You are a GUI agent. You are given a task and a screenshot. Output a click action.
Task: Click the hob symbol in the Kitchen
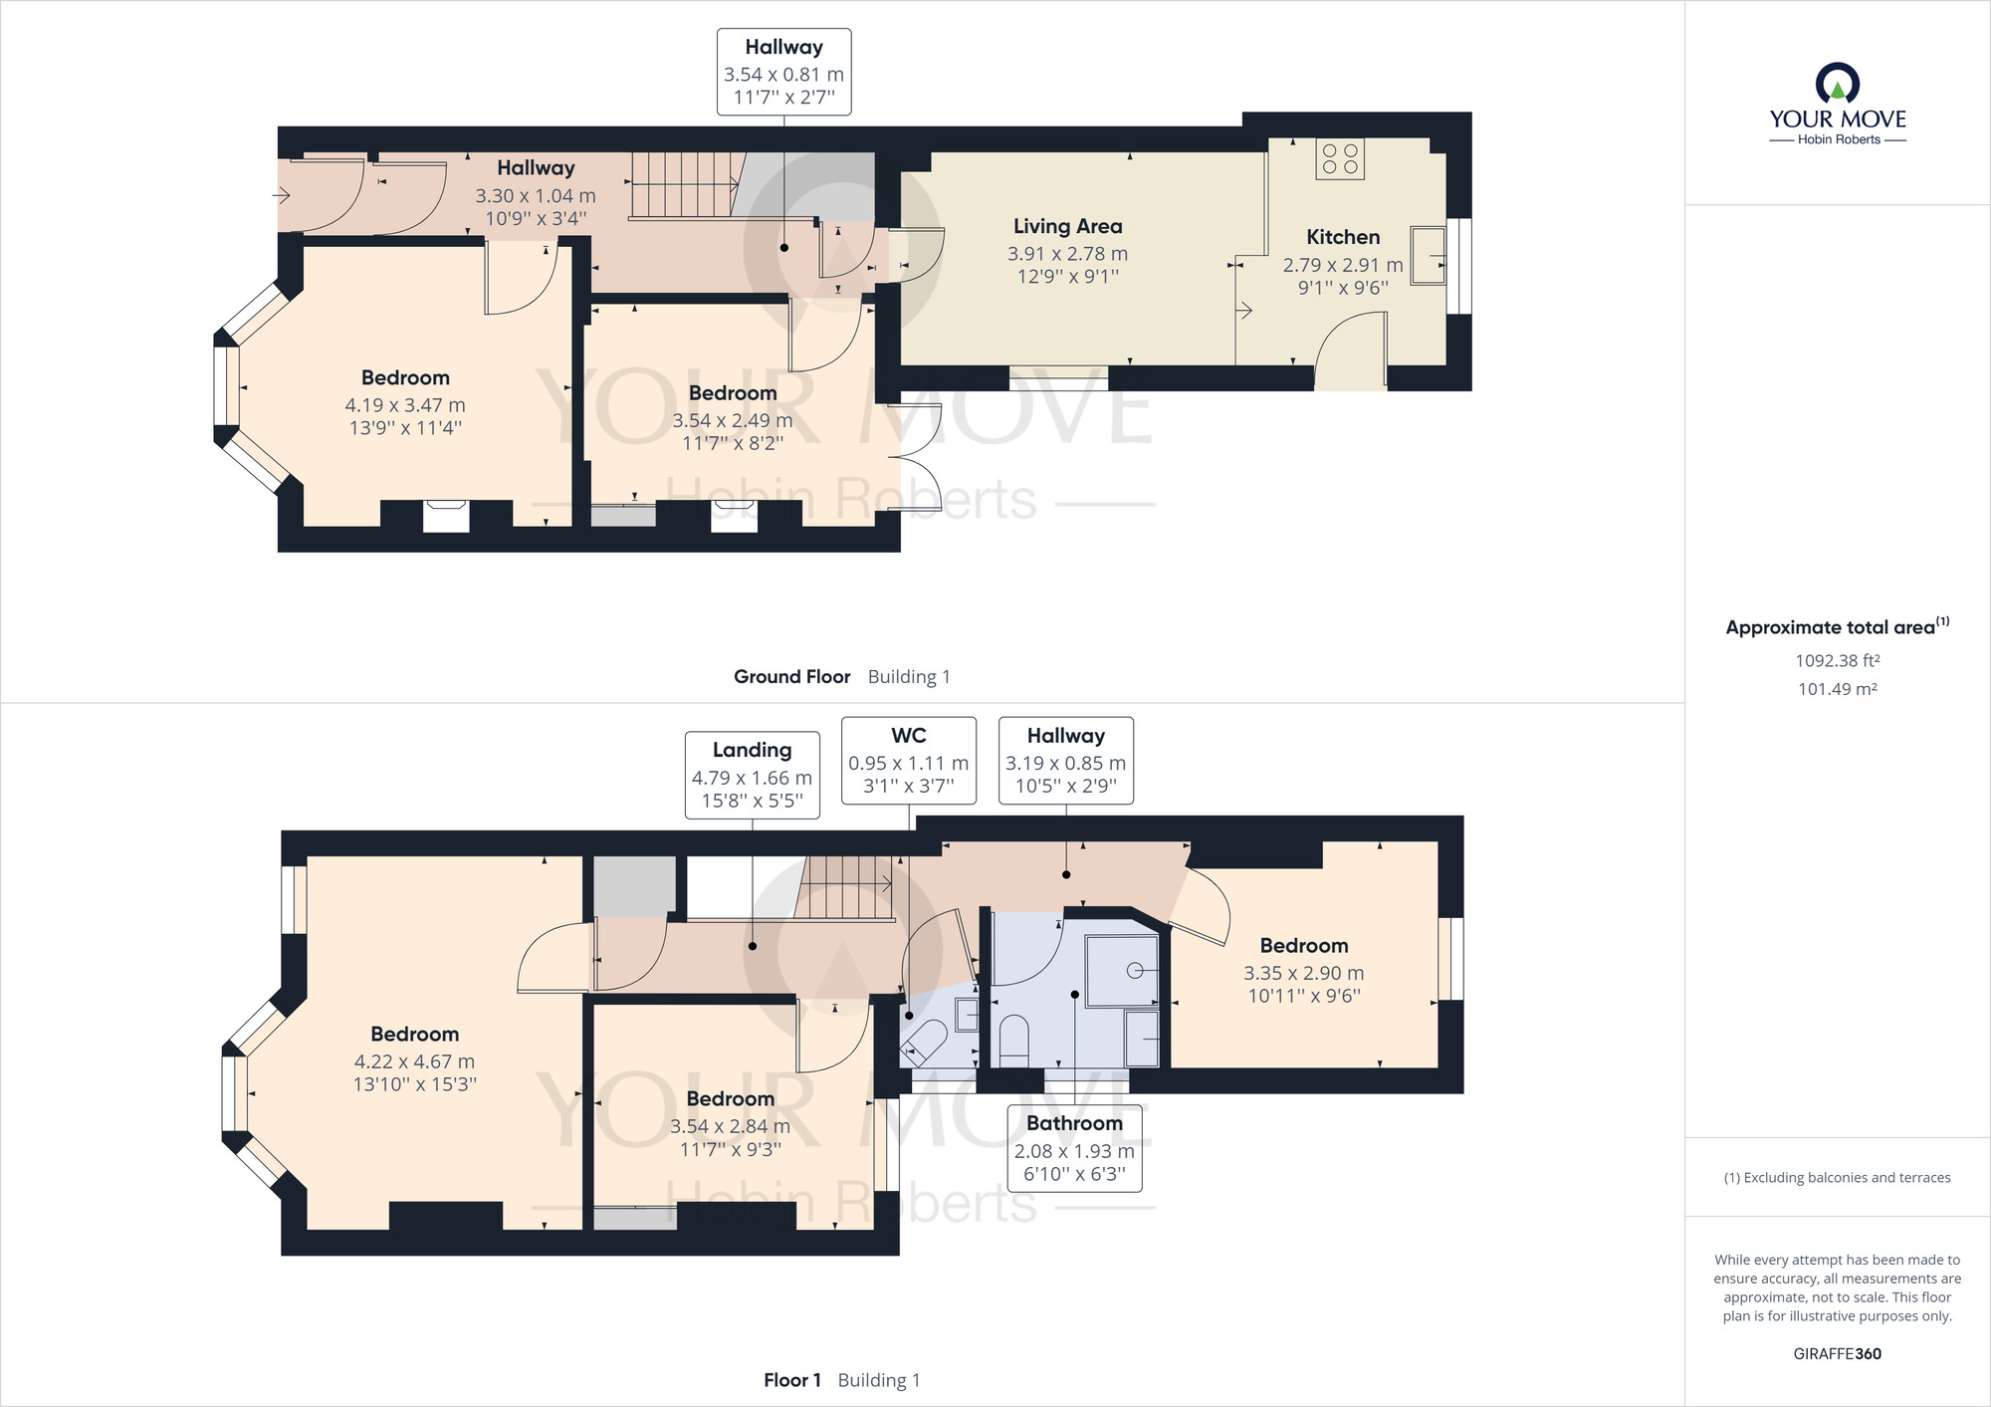pos(1340,159)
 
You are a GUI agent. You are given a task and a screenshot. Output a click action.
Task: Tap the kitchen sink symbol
pos(1428,256)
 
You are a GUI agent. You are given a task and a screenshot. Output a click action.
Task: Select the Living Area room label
pos(1067,227)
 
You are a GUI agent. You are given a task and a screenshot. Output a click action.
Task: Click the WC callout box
pos(908,760)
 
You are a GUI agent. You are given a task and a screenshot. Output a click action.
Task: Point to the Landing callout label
pos(752,775)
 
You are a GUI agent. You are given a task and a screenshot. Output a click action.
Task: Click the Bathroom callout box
pos(1074,1147)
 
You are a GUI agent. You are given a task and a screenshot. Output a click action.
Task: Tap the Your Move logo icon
pos(1837,84)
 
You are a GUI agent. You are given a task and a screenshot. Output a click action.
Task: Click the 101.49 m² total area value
pos(1837,689)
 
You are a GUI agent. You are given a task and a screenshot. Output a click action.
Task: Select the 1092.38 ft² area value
pos(1837,660)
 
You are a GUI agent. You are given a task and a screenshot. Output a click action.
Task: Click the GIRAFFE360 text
pos(1837,1353)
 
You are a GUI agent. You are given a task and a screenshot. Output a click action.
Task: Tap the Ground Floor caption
pos(792,677)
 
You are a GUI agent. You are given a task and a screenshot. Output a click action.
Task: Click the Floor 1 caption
pos(792,1380)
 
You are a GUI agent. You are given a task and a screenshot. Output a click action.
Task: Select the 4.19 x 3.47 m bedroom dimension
pos(405,405)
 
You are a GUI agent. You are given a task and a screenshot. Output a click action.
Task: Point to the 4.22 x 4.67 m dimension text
pos(414,1061)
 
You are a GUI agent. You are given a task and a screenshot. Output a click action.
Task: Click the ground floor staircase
pos(685,185)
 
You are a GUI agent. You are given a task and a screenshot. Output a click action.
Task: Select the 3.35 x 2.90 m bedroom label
pos(1303,973)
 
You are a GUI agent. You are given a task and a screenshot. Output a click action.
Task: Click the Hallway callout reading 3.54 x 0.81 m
pos(783,72)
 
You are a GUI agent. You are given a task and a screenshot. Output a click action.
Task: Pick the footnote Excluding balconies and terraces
pos(1837,1178)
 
